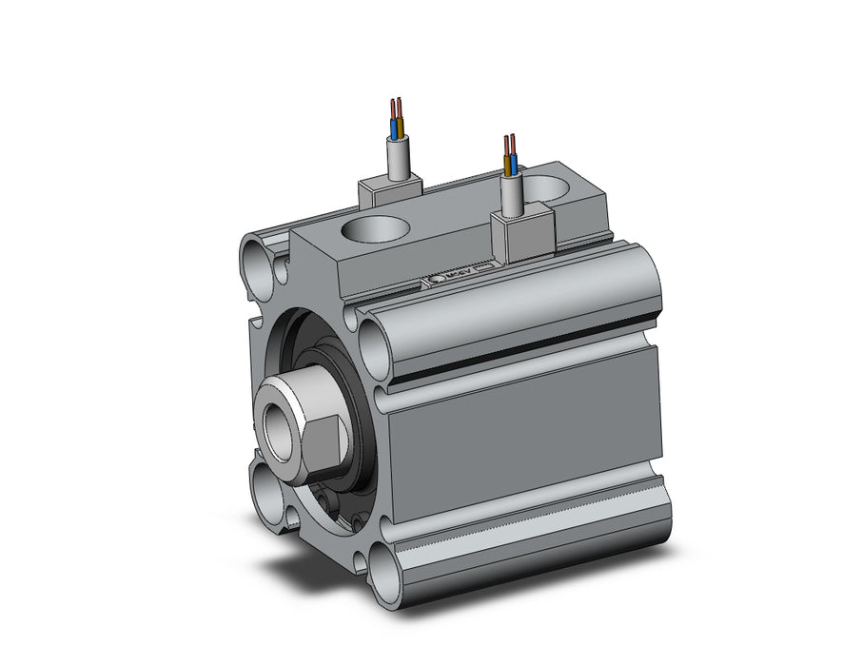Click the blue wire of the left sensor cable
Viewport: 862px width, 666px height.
(393, 127)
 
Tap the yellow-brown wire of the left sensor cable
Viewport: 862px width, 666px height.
(400, 127)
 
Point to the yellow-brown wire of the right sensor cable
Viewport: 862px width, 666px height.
(507, 164)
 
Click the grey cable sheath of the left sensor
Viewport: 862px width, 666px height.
(398, 158)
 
